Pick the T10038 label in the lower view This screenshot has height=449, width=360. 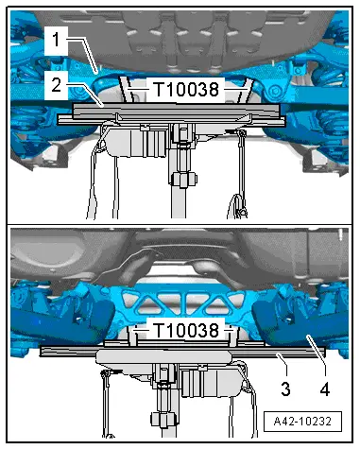pos(181,332)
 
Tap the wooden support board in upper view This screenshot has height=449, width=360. pos(170,116)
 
